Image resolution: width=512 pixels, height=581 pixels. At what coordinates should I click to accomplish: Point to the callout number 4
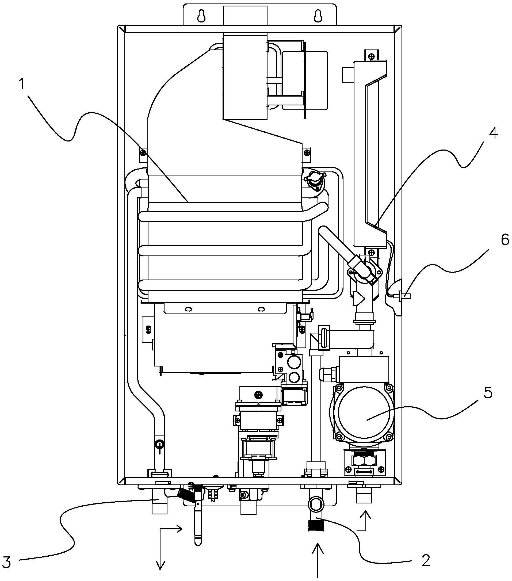[493, 133]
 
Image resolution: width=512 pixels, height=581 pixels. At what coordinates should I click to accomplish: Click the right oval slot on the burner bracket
[261, 309]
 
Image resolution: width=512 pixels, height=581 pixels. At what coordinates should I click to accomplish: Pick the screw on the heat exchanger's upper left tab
[143, 153]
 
